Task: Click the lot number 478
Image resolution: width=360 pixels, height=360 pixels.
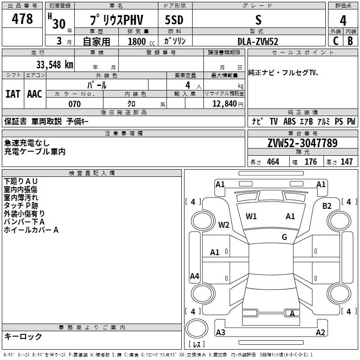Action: coord(23,19)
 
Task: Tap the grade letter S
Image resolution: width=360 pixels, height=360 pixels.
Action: coord(258,20)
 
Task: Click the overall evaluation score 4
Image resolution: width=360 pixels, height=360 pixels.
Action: coord(343,20)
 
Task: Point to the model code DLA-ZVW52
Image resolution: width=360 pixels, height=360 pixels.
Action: coord(258,41)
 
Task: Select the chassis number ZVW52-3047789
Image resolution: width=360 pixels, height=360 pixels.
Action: coord(302,143)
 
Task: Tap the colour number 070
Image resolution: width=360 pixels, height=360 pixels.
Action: coord(74,104)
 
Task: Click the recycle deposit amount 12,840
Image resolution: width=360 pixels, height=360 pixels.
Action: coord(224,104)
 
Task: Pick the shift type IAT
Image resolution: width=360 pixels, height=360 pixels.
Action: coord(13,94)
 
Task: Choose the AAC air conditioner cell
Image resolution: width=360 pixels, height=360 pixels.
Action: coord(35,94)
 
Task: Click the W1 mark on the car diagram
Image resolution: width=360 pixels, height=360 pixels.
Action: coord(251,216)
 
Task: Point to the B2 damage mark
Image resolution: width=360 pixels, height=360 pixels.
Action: coord(327,206)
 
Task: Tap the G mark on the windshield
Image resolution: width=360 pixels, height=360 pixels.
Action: coord(284,237)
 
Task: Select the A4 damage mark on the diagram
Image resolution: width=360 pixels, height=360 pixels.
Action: coord(194,276)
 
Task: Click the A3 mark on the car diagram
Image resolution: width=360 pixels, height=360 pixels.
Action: coord(220,333)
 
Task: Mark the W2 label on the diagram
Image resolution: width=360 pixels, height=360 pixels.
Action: coord(224,225)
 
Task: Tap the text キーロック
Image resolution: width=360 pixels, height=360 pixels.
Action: coord(23,336)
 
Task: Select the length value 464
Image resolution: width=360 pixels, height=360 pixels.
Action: coord(273,162)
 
